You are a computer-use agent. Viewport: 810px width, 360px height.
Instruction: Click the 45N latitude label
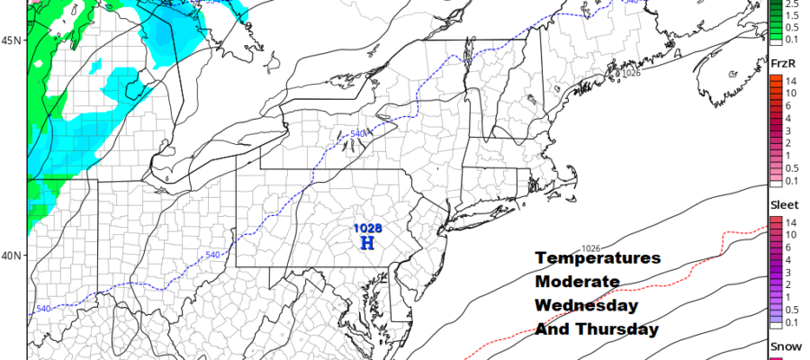point(11,40)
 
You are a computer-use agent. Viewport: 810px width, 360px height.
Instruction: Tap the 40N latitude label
point(11,256)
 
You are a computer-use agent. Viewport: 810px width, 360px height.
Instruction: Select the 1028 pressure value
point(367,229)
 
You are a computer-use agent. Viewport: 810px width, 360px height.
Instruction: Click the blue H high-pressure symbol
point(367,244)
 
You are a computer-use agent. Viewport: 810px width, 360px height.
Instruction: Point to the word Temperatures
point(598,258)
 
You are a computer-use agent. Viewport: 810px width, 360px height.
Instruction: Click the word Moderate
point(577,282)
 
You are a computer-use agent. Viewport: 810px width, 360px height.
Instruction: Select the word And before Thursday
point(552,329)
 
